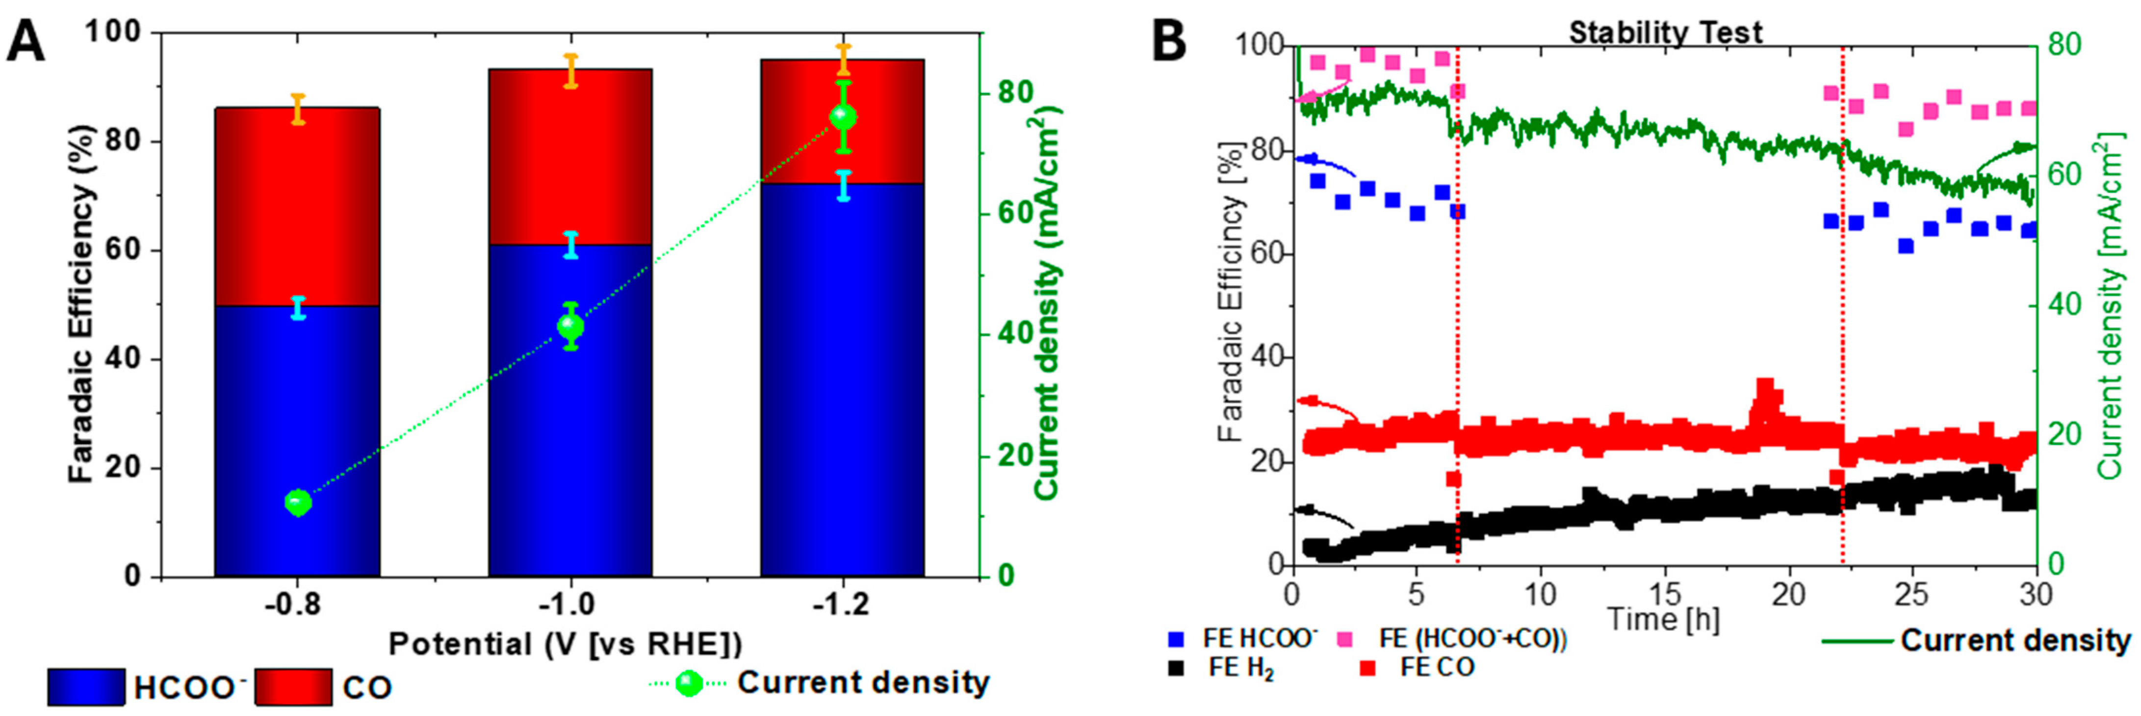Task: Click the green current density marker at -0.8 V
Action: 298,503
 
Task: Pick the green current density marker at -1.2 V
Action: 843,116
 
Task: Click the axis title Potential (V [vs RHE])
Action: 565,644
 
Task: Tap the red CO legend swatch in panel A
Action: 292,687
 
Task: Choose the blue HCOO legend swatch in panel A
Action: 86,687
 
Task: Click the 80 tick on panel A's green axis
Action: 1015,93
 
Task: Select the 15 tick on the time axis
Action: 1665,595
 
